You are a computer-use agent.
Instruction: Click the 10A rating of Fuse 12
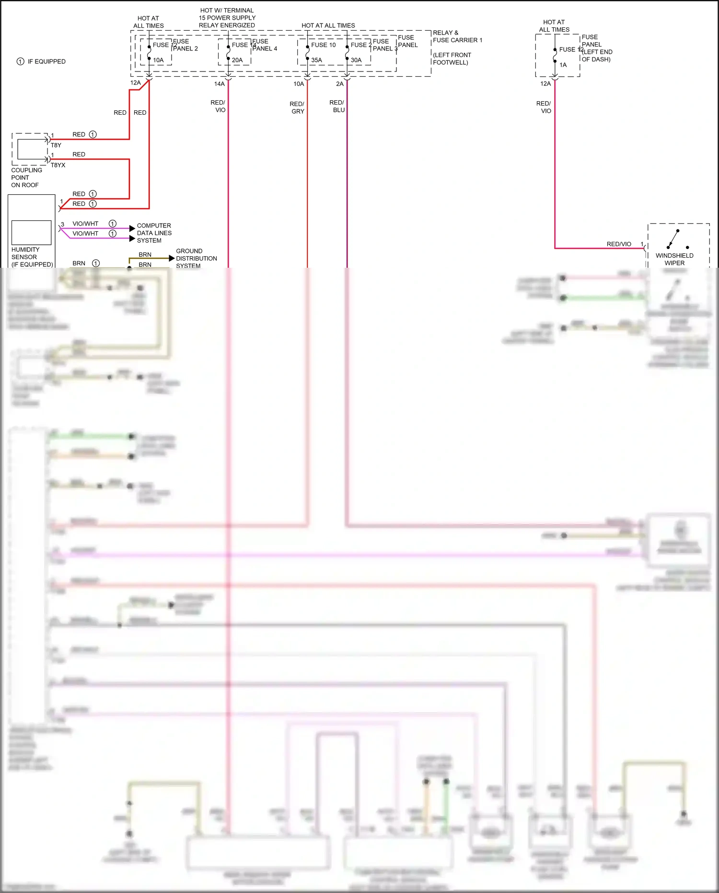158,60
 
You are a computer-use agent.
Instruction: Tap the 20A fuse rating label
237,60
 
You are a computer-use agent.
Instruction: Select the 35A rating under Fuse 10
316,60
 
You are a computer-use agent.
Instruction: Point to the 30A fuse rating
356,60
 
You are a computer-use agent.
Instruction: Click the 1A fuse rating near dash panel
563,65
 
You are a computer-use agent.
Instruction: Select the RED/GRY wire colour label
297,107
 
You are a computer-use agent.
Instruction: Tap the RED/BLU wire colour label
337,106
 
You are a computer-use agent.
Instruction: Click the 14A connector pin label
219,84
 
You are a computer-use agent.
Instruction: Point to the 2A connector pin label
339,84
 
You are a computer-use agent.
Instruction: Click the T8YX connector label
58,165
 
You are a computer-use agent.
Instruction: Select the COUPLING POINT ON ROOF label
26,178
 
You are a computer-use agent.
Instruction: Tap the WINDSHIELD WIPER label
674,259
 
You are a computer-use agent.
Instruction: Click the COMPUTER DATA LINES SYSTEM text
154,233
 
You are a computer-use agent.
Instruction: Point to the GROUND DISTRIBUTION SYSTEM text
196,258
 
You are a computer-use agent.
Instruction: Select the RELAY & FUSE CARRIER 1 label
457,36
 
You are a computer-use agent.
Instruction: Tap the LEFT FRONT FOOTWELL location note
452,59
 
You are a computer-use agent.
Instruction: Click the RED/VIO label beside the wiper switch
619,244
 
